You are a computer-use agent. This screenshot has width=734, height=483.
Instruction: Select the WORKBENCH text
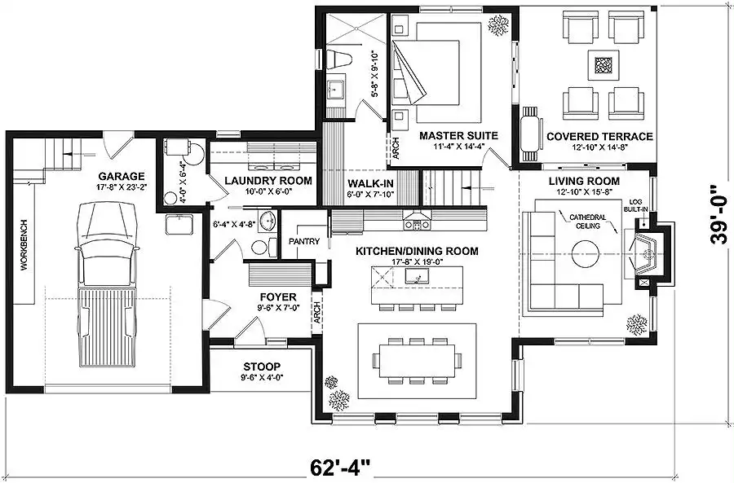(x=24, y=244)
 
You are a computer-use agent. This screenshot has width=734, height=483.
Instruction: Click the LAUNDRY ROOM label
(x=268, y=181)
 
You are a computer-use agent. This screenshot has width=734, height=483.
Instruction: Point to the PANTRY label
(x=304, y=241)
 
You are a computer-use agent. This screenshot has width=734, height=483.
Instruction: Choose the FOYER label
(x=278, y=297)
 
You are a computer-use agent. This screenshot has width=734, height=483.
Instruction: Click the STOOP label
(x=262, y=367)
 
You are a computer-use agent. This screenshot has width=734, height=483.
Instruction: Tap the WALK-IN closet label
(x=370, y=184)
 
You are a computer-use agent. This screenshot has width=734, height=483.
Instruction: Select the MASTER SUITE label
(x=458, y=135)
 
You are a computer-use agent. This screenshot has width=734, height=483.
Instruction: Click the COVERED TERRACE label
(x=599, y=137)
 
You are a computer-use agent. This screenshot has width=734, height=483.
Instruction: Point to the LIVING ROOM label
(x=584, y=181)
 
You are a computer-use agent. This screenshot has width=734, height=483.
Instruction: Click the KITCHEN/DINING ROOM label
(x=417, y=251)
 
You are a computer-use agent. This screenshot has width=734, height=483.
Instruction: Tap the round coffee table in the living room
(x=585, y=254)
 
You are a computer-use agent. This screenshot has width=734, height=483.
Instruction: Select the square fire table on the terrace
(x=604, y=65)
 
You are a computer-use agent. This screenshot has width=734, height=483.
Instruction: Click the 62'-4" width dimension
(x=340, y=467)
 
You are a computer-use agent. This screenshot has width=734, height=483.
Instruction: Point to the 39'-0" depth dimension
(x=719, y=214)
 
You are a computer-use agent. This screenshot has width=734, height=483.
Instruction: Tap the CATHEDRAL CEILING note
(x=587, y=222)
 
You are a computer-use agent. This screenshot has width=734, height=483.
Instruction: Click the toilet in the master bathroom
(x=339, y=59)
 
